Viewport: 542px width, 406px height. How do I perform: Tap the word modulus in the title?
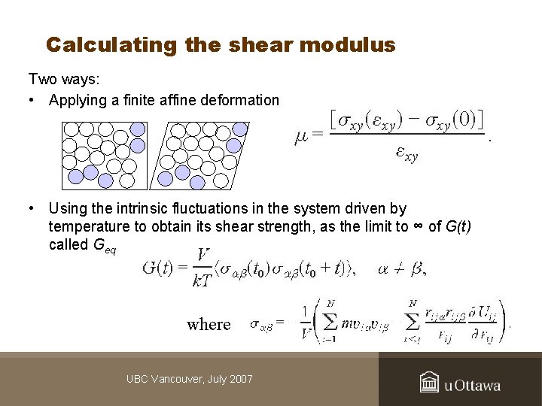pos(347,45)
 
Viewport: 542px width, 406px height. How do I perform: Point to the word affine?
pos(175,100)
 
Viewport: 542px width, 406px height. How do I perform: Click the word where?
pos(209,324)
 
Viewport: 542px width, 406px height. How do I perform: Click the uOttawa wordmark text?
pos(472,386)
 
